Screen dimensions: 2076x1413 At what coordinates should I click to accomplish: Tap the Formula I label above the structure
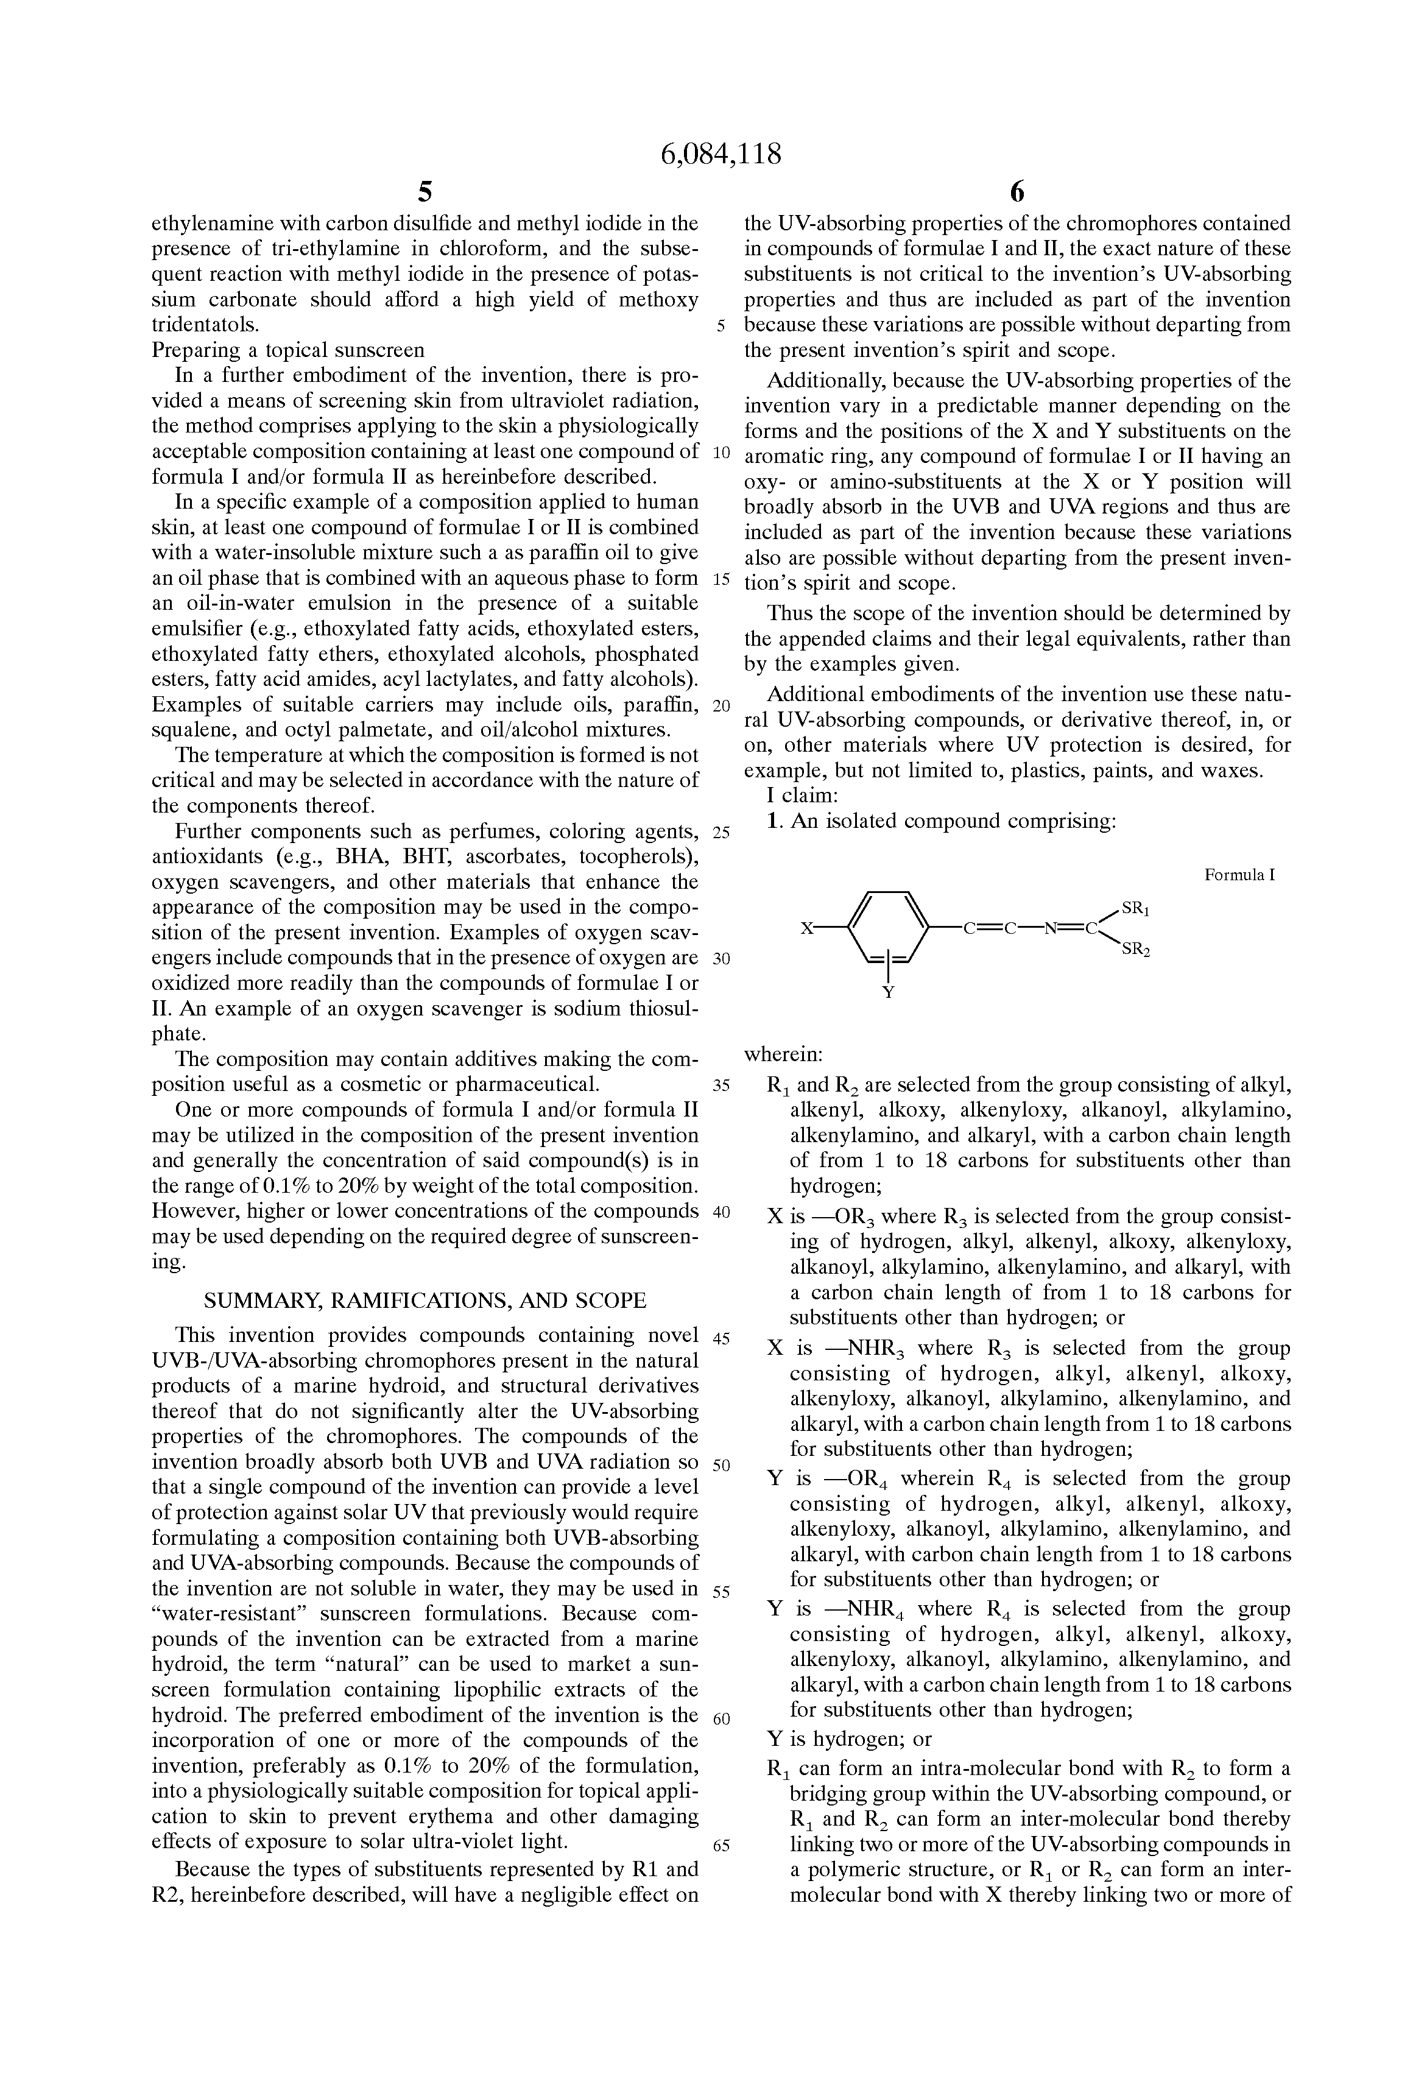tap(1239, 875)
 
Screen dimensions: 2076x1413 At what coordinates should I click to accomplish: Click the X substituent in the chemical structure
tap(806, 928)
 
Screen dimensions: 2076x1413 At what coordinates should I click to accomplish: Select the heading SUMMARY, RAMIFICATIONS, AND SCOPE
tap(425, 1300)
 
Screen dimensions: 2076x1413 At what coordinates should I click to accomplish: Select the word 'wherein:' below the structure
tap(783, 1054)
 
